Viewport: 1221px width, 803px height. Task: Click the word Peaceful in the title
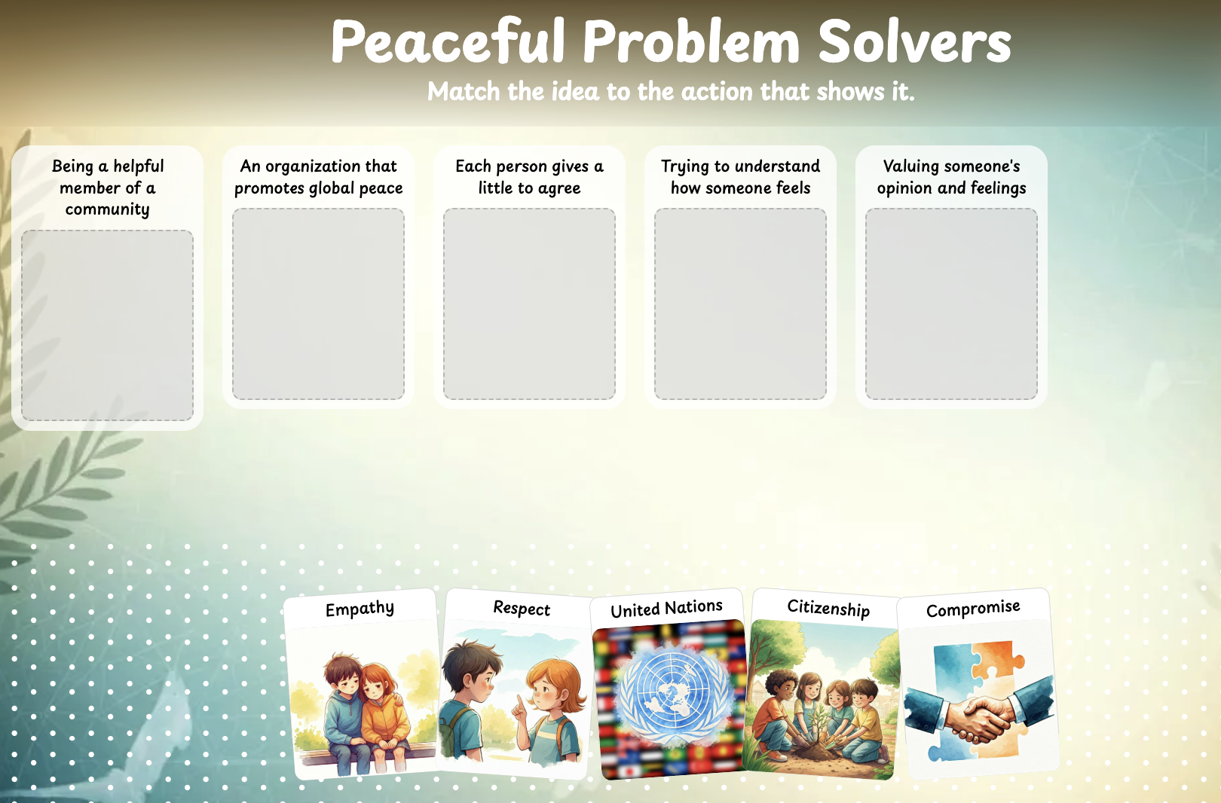pyautogui.click(x=448, y=41)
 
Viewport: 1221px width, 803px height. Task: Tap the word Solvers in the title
pyautogui.click(x=915, y=41)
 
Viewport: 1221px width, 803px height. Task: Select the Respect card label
pyautogui.click(x=522, y=608)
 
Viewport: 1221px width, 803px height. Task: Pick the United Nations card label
pyautogui.click(x=666, y=608)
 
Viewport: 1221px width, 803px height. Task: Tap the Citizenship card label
pyautogui.click(x=828, y=608)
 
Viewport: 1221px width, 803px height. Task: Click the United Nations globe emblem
pyautogui.click(x=675, y=698)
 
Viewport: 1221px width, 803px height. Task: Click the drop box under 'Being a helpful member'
pyautogui.click(x=107, y=325)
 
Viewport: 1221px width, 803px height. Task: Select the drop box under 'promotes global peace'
pyautogui.click(x=318, y=304)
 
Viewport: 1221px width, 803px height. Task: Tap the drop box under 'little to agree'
pyautogui.click(x=529, y=304)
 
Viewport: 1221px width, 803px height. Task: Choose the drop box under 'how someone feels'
pyautogui.click(x=740, y=304)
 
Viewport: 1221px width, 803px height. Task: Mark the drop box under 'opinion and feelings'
pyautogui.click(x=951, y=304)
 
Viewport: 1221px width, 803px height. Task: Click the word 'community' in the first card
pyautogui.click(x=107, y=209)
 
